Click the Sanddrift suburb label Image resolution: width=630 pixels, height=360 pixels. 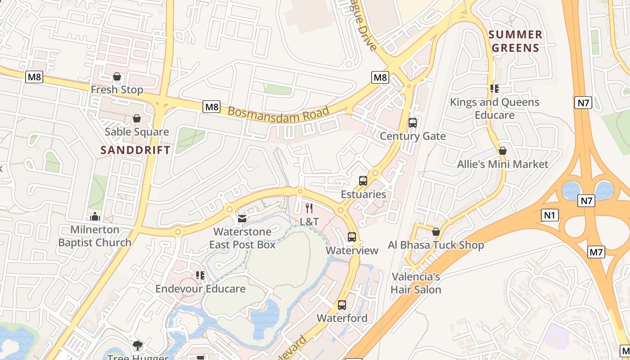(x=135, y=150)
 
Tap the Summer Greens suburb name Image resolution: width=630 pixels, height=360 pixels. (x=515, y=41)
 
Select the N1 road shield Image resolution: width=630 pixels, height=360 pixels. (x=549, y=216)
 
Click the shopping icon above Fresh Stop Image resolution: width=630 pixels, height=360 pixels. (x=117, y=76)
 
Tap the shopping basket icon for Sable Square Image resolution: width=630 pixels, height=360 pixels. (x=137, y=118)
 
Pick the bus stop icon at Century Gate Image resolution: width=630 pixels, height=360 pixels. (x=412, y=123)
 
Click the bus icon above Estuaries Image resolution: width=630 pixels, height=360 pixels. (x=363, y=181)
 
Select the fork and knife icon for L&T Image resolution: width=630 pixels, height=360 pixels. (x=309, y=208)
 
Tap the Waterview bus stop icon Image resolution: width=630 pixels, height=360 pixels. (x=352, y=237)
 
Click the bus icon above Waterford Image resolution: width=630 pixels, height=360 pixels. (x=342, y=305)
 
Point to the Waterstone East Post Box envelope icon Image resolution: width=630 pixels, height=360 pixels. (x=242, y=219)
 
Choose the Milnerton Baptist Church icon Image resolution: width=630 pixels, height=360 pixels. (x=95, y=217)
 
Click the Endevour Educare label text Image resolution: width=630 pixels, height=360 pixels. (x=201, y=288)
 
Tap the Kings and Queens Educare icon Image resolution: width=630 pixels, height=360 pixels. (x=495, y=89)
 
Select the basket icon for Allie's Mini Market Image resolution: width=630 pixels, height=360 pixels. (x=503, y=151)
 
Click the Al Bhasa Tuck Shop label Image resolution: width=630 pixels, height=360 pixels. (x=436, y=245)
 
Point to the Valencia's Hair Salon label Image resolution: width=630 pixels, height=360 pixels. (x=416, y=283)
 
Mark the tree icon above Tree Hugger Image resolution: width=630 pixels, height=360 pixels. (x=138, y=346)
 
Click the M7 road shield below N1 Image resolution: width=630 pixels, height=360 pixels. (x=596, y=252)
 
